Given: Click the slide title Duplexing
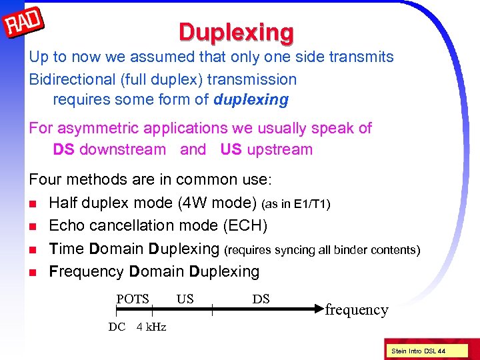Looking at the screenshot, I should coord(235,31).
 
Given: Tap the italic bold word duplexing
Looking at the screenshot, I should coord(251,100).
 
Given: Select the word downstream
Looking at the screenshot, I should coord(123,149).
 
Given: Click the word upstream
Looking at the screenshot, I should coord(279,149).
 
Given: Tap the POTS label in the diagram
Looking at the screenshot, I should coord(133,299).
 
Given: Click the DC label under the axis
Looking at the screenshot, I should coord(117,327).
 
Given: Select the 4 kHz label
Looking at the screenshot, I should coord(151,327).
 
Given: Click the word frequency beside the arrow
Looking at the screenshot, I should coord(356,310).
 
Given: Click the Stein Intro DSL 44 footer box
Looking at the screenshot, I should coord(419,351).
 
